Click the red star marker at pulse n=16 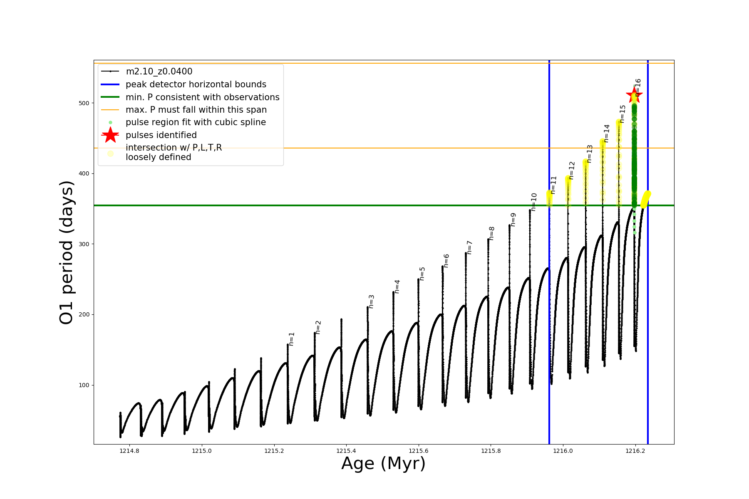[x=634, y=95]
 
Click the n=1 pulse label [x=292, y=339]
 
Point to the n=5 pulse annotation [x=422, y=274]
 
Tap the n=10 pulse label [x=534, y=202]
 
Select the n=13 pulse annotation [x=590, y=153]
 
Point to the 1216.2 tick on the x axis [x=635, y=451]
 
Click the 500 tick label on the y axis [x=84, y=103]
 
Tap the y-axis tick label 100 [x=84, y=385]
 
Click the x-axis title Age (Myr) [x=383, y=464]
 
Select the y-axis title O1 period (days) [x=67, y=252]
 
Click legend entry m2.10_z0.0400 [x=159, y=72]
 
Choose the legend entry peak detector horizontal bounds [x=196, y=84]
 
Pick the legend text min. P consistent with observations [x=202, y=97]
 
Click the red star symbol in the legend [x=110, y=135]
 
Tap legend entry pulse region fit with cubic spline [x=196, y=122]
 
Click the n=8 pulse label [x=492, y=233]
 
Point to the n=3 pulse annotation [x=372, y=301]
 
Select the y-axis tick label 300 [x=84, y=244]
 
